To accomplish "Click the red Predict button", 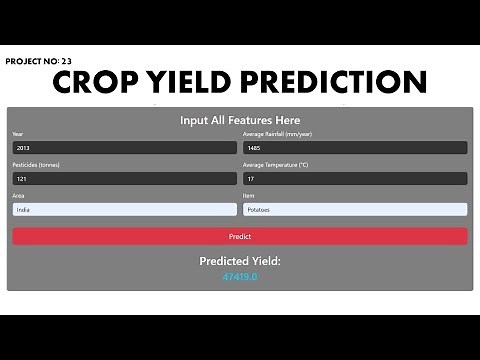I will [239, 237].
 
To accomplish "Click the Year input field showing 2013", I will [124, 148].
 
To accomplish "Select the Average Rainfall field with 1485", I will [355, 148].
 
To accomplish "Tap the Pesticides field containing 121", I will [124, 179].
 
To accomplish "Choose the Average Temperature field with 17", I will [355, 179].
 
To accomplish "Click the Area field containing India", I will [124, 210].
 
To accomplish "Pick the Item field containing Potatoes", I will [355, 210].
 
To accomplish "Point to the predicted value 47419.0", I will [240, 276].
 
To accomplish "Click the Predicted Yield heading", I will [240, 261].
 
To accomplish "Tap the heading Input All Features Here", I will [240, 120].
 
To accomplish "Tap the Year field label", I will [17, 134].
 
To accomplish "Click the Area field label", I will [18, 196].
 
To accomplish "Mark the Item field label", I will [250, 196].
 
